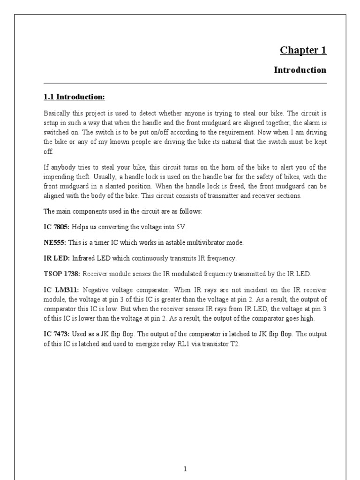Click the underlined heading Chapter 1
click(x=303, y=50)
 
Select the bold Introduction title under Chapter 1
click(x=300, y=70)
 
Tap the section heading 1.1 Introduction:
click(x=74, y=97)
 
